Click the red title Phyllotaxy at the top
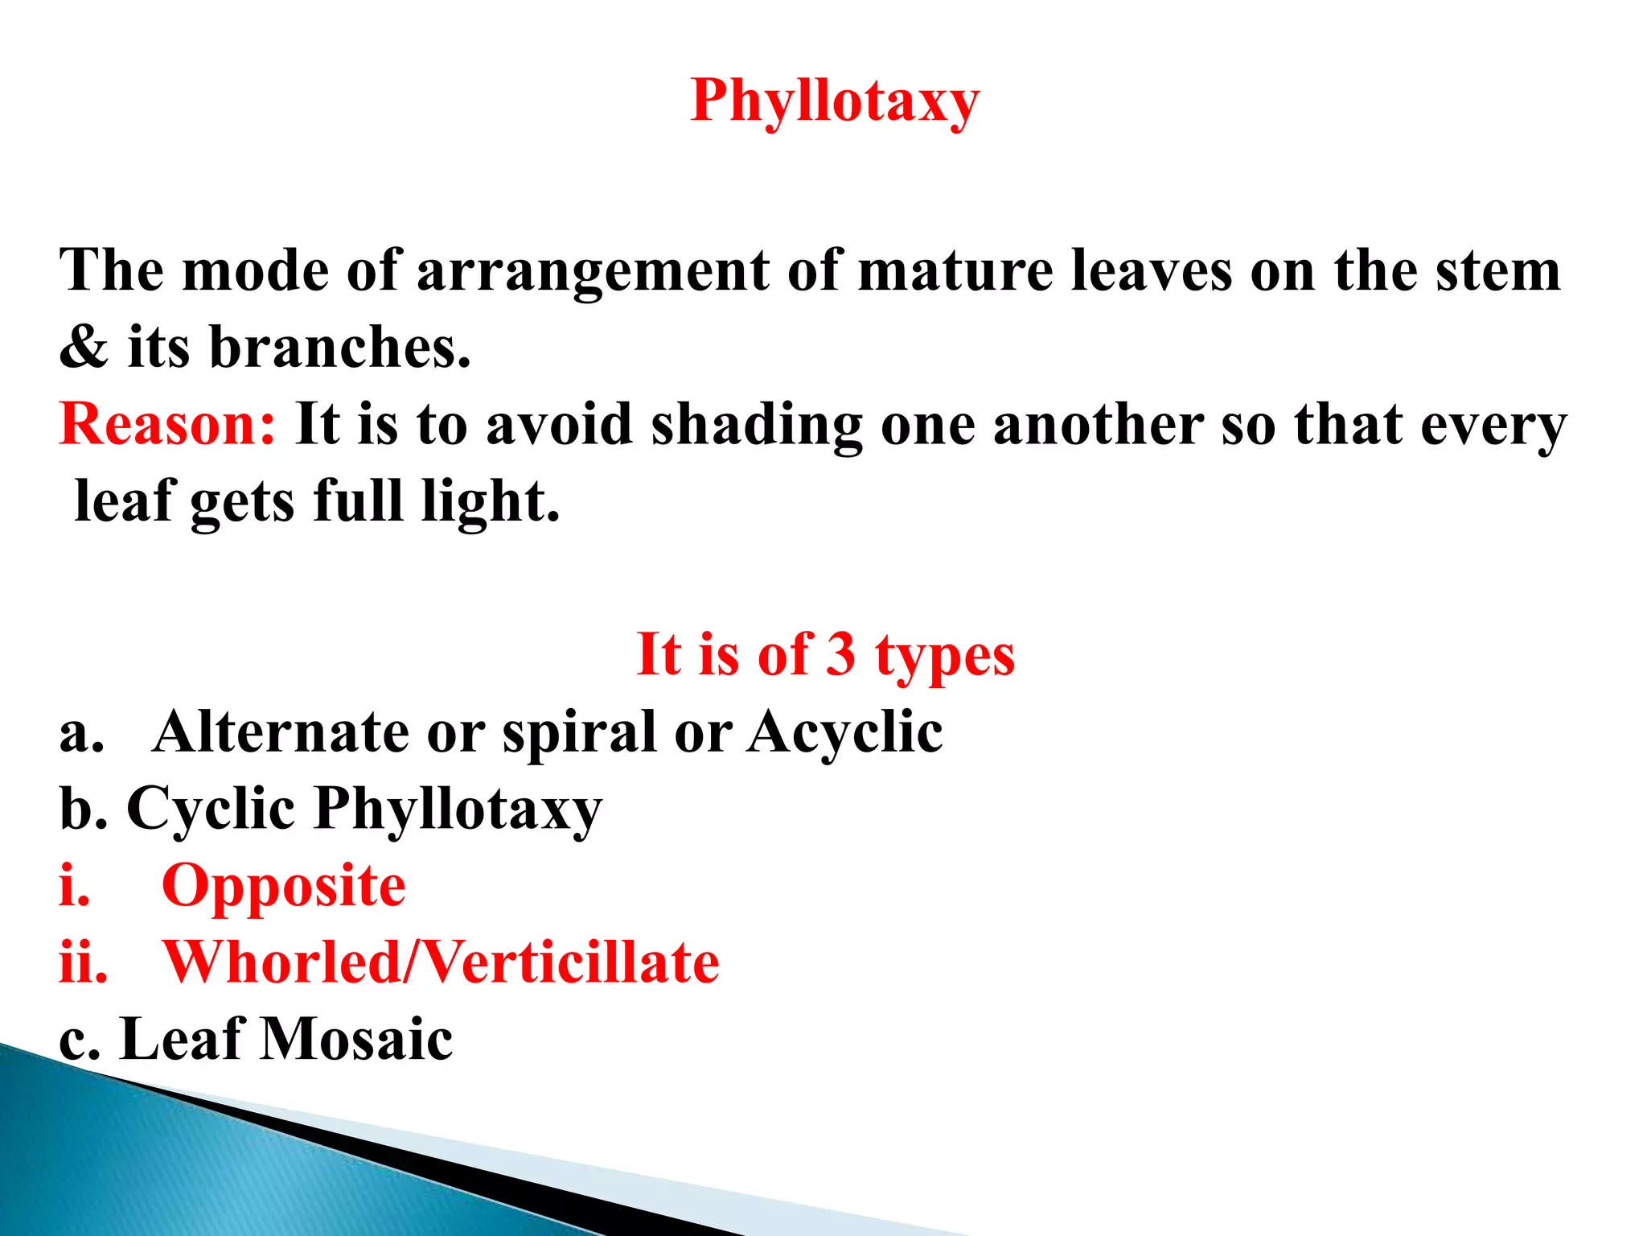(835, 101)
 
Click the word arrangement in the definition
(593, 272)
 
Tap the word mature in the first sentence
(955, 270)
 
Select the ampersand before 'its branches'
(84, 348)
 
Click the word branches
(339, 348)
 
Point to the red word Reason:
(167, 424)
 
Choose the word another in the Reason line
(1098, 424)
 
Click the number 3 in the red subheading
(840, 654)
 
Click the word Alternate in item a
(281, 731)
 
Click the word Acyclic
(844, 733)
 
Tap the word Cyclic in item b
(211, 809)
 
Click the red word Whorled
(281, 962)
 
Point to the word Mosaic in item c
(357, 1039)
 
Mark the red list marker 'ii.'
(83, 962)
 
